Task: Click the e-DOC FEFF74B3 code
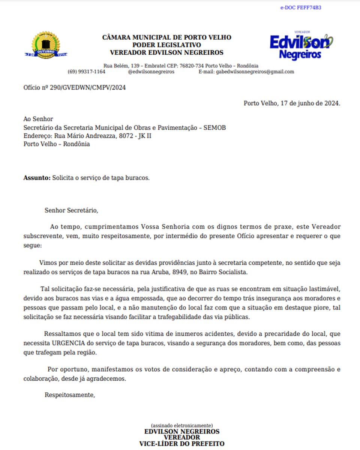click(300, 7)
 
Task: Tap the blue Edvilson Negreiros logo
click(301, 46)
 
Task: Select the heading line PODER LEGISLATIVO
click(166, 45)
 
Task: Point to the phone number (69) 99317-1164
click(86, 72)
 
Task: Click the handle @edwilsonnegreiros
click(151, 72)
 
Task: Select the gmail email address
click(255, 72)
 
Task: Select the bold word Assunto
click(36, 178)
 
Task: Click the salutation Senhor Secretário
click(71, 210)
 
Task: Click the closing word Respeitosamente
click(70, 395)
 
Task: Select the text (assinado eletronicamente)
click(182, 426)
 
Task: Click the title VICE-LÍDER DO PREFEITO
click(182, 444)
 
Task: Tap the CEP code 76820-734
click(192, 66)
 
